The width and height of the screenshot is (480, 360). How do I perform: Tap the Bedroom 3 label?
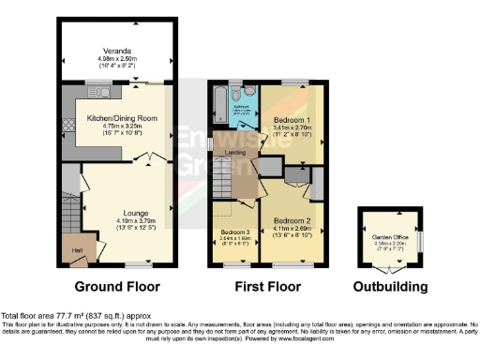(234, 232)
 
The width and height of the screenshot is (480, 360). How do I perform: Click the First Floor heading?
(264, 286)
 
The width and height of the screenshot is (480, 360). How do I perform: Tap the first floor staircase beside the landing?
(225, 178)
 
